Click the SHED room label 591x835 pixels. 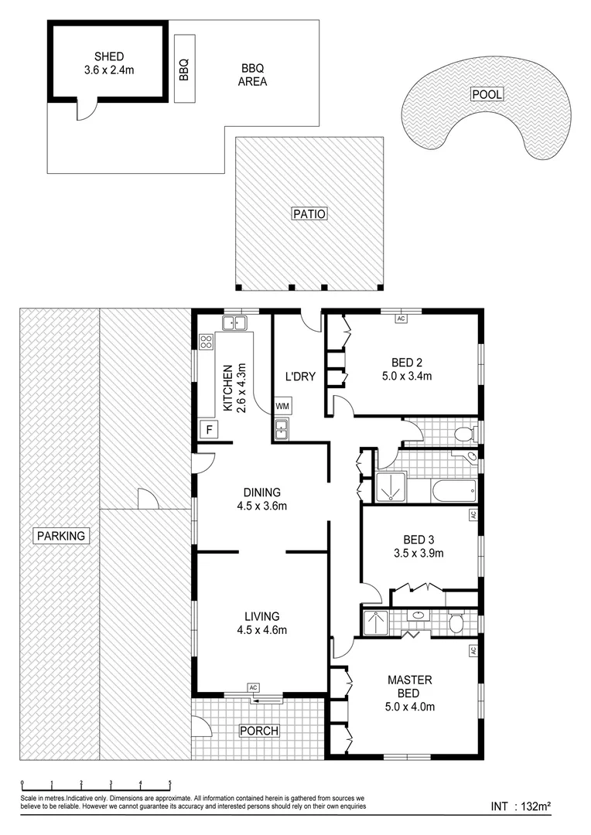pyautogui.click(x=108, y=56)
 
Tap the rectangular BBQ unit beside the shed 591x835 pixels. pyautogui.click(x=183, y=69)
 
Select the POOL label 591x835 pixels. pyautogui.click(x=487, y=94)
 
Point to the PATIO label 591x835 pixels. pyautogui.click(x=309, y=214)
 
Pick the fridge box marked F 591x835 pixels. pyautogui.click(x=207, y=429)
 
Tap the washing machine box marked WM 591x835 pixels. pyautogui.click(x=282, y=406)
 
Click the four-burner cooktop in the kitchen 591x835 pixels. pyautogui.click(x=207, y=342)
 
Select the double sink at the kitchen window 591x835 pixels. pyautogui.click(x=233, y=322)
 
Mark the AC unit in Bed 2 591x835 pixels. pyautogui.click(x=401, y=318)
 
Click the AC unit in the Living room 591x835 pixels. pyautogui.click(x=253, y=687)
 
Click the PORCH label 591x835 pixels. pyautogui.click(x=258, y=731)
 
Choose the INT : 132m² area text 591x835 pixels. pyautogui.click(x=521, y=806)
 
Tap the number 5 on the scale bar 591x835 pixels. pyautogui.click(x=169, y=783)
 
